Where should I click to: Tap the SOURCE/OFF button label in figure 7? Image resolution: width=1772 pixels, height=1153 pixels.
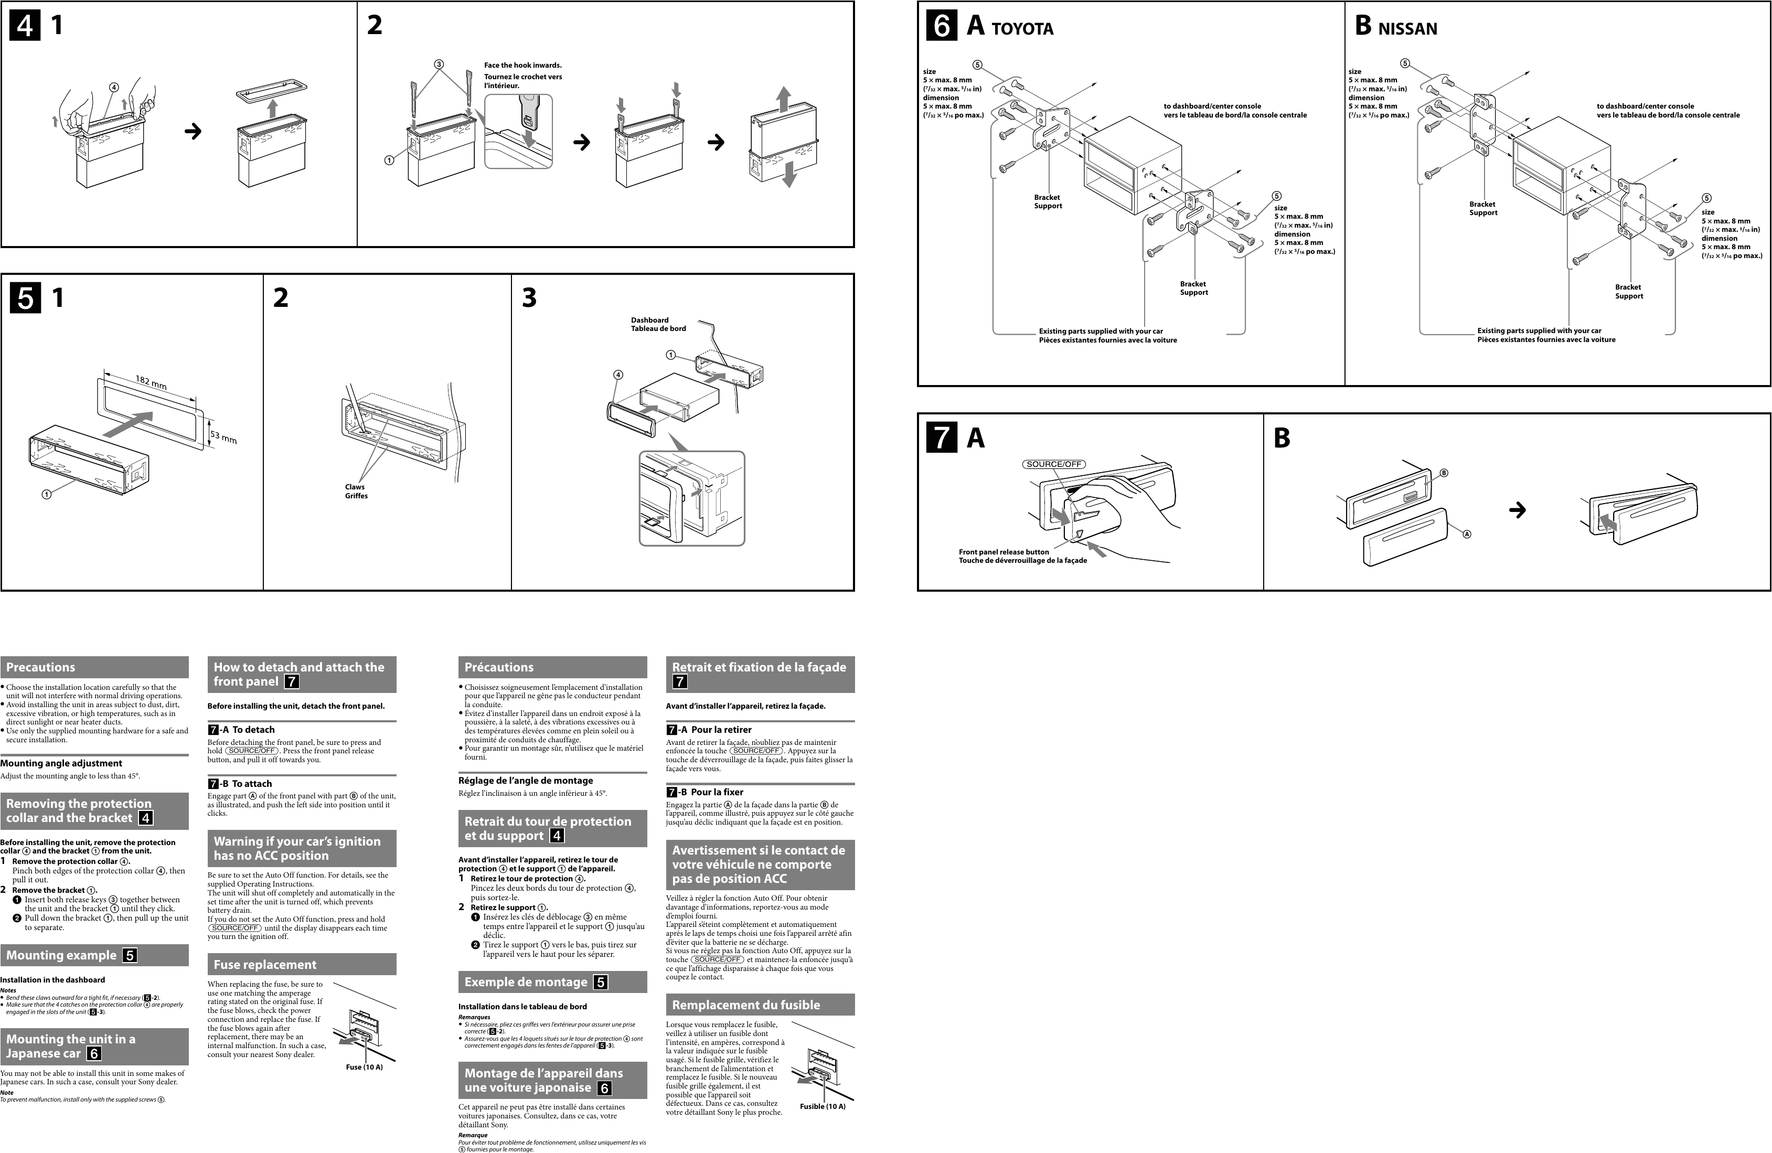(1053, 464)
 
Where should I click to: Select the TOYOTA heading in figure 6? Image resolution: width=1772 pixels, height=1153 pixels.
(1022, 29)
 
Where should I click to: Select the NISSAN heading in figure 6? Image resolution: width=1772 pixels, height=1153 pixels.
(1407, 29)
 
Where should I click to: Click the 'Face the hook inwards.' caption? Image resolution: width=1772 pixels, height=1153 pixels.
(522, 66)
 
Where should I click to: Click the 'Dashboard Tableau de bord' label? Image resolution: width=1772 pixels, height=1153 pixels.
(658, 324)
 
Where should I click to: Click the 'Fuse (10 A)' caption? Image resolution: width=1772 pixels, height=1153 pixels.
(364, 1066)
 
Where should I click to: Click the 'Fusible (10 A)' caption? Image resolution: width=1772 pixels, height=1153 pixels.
(823, 1106)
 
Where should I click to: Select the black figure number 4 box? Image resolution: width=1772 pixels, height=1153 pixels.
(25, 27)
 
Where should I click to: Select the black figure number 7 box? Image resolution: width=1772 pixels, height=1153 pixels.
(941, 437)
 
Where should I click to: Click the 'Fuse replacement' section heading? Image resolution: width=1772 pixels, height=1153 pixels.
(265, 965)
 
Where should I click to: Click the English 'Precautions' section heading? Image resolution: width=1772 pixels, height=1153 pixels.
(41, 667)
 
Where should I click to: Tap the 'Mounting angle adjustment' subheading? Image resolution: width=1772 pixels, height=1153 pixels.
(61, 763)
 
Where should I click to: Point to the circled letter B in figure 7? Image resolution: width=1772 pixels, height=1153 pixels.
(1444, 473)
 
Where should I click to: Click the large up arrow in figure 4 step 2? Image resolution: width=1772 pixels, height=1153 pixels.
(783, 98)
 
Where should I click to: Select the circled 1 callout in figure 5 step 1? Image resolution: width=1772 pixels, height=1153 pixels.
(46, 494)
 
